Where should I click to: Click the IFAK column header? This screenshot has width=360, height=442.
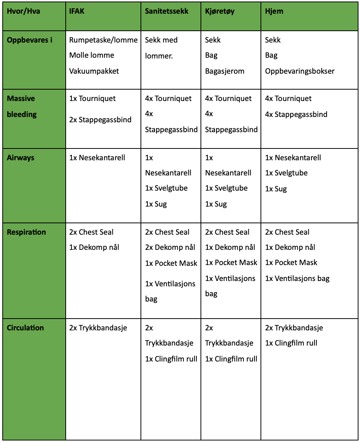tap(77, 11)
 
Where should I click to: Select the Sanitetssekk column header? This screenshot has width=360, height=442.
tap(166, 11)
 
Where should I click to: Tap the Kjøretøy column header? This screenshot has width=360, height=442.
tap(219, 11)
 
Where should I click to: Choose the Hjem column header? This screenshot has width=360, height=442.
tap(274, 11)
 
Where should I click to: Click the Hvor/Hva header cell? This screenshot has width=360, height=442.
tap(23, 11)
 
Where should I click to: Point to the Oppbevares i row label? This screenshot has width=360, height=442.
tap(30, 40)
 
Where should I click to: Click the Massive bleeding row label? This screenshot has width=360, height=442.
tap(21, 106)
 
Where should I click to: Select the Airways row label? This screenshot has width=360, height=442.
tap(21, 158)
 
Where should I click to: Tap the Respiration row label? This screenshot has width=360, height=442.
tap(26, 232)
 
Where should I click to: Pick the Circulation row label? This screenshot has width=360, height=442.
tap(25, 328)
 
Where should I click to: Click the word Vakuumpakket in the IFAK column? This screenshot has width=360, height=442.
tap(94, 71)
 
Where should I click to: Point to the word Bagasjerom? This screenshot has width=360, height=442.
tap(225, 71)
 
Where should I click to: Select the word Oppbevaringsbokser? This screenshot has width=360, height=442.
tap(300, 71)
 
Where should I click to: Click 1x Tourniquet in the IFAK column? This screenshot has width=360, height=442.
tap(92, 99)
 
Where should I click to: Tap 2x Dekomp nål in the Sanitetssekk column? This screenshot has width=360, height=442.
tap(170, 247)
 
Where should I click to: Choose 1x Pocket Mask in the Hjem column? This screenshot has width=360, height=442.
tap(291, 262)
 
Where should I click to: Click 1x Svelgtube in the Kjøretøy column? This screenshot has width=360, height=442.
tap(226, 188)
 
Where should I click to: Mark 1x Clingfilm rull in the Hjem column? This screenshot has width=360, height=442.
tap(291, 343)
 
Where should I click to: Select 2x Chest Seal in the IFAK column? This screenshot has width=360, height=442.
tap(91, 232)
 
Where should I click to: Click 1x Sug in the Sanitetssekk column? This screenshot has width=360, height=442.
tap(156, 204)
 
